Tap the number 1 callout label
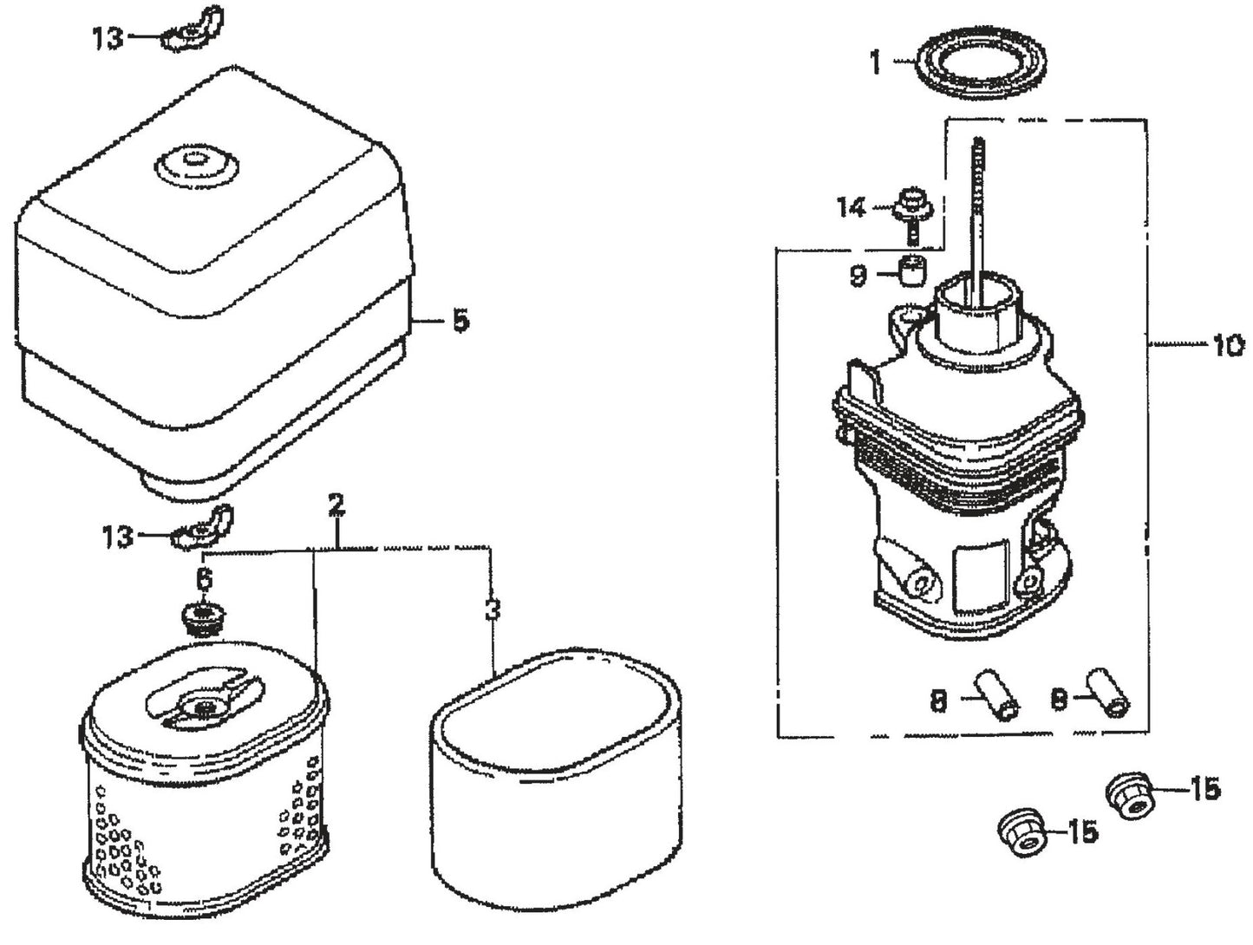pos(876,62)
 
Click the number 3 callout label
pos(492,609)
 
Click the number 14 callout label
pos(852,208)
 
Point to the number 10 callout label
pos(1228,346)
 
